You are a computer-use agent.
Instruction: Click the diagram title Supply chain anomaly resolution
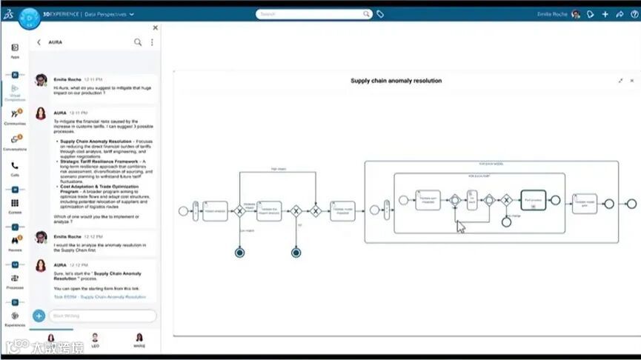coord(396,81)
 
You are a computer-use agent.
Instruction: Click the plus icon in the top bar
coord(605,14)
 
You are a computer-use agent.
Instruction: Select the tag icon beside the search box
coord(380,14)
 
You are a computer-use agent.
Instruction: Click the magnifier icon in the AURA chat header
coord(138,42)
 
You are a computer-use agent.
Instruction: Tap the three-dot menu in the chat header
coord(152,42)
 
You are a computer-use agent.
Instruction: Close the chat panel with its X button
coord(155,28)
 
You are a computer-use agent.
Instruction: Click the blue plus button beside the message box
coord(39,316)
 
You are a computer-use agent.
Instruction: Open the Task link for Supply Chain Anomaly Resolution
coord(99,297)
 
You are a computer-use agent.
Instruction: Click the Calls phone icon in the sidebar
coord(15,166)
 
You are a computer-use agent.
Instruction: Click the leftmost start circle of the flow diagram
coord(183,210)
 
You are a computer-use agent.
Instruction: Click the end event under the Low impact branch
coord(239,253)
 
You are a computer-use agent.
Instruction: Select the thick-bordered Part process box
coord(533,200)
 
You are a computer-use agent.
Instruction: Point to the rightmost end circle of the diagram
coord(631,204)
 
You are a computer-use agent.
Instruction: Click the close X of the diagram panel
coord(631,80)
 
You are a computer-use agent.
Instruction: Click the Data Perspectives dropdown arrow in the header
coord(131,14)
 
